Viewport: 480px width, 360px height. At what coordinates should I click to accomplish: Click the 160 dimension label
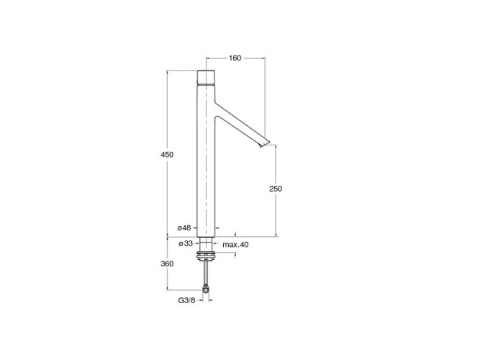pyautogui.click(x=235, y=58)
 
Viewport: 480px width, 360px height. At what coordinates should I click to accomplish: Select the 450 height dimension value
pyautogui.click(x=167, y=155)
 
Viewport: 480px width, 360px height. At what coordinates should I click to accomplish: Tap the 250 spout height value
pyautogui.click(x=276, y=189)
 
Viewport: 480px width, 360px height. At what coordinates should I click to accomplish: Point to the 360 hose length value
pyautogui.click(x=167, y=264)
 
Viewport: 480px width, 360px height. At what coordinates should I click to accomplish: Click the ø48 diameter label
pyautogui.click(x=184, y=228)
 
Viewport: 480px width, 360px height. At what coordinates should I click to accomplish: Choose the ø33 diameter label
pyautogui.click(x=186, y=243)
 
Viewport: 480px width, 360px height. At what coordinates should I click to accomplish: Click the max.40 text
pyautogui.click(x=235, y=245)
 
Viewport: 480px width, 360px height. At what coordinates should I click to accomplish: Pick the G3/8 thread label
pyautogui.click(x=186, y=300)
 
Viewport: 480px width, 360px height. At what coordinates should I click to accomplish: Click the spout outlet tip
pyautogui.click(x=265, y=144)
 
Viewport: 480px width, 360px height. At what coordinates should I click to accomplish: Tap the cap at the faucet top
pyautogui.click(x=206, y=76)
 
